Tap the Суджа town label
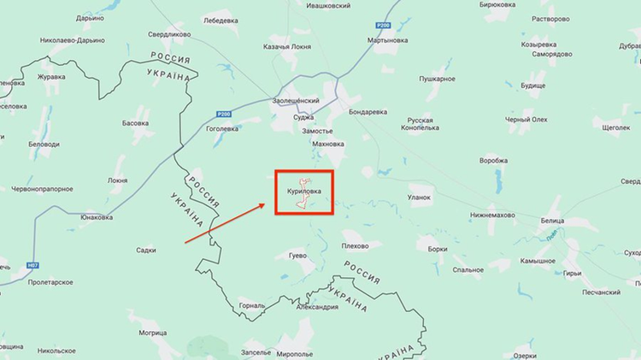tap(303, 117)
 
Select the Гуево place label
tap(297, 256)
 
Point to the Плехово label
tap(355, 245)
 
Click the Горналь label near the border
tap(253, 306)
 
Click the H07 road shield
tap(33, 267)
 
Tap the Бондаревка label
tap(368, 112)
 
